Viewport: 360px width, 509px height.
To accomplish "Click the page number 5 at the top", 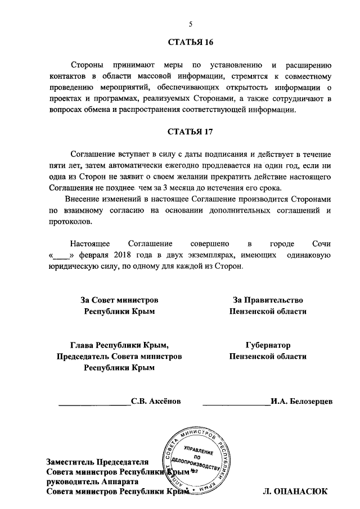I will pos(190,24).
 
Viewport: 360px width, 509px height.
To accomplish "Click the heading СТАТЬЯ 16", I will pos(190,43).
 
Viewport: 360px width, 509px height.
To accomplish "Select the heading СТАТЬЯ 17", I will pos(190,133).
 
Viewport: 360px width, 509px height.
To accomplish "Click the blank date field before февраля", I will pos(60,255).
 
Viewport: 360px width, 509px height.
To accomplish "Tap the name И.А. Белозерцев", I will pos(301,402).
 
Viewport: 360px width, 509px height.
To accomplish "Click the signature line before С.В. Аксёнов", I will pos(94,404).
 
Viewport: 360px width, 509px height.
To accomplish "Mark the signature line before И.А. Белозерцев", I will pos(235,404).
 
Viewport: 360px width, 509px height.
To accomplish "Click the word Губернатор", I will pos(268,345).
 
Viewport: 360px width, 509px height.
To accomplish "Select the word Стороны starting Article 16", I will pos(88,65).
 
